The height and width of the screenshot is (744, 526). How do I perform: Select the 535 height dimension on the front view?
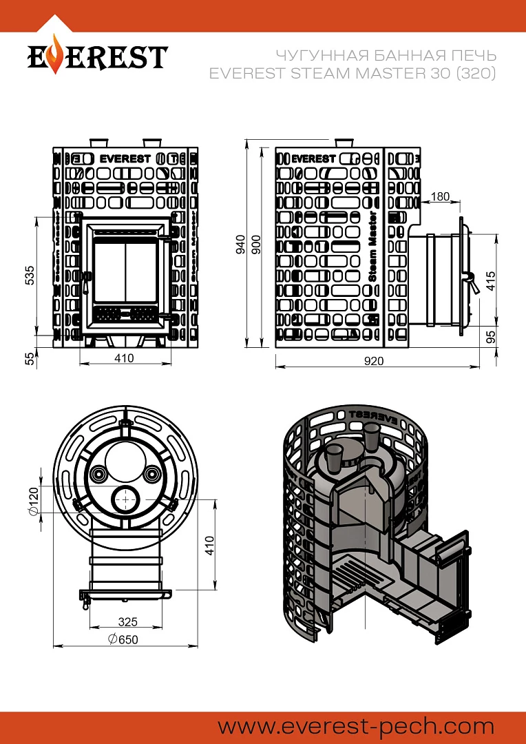tap(30, 275)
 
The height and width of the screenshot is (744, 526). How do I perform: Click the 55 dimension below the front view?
tap(30, 359)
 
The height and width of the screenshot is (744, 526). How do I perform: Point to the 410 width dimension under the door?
tap(124, 358)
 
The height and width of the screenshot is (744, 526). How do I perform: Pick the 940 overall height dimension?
tap(241, 244)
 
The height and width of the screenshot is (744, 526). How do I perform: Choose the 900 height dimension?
tap(256, 244)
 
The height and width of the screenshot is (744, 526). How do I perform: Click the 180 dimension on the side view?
tap(440, 196)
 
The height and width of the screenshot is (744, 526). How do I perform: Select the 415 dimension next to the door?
tap(491, 281)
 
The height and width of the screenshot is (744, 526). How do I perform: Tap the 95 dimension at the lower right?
tap(491, 337)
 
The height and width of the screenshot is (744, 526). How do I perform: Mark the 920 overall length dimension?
tap(374, 361)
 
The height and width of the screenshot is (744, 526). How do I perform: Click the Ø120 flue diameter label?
tap(33, 501)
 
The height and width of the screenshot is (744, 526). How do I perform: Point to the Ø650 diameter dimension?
tap(123, 639)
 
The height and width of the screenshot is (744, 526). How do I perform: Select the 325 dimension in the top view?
tap(127, 621)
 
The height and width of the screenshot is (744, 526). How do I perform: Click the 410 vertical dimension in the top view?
tap(209, 545)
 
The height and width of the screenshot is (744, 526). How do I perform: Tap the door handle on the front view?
tap(85, 282)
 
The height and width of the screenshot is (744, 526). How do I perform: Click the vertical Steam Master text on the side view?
tap(372, 247)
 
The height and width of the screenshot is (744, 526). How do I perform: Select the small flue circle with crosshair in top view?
tap(126, 499)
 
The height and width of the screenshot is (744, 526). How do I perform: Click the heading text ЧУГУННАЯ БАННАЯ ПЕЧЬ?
tap(386, 56)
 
